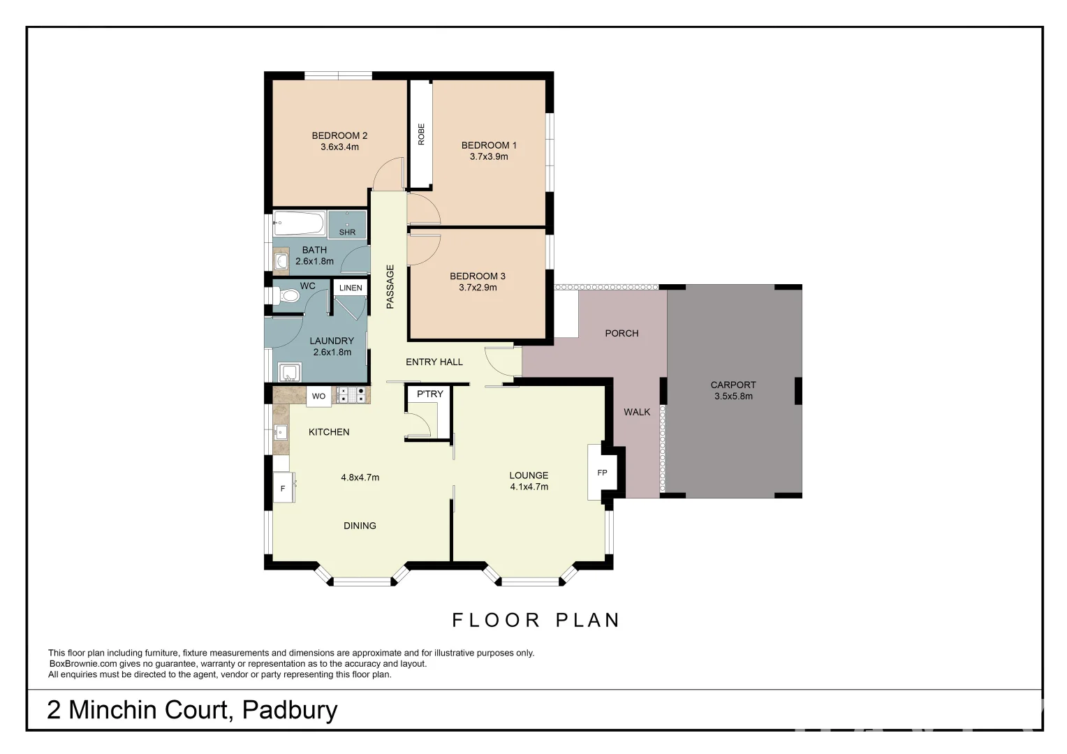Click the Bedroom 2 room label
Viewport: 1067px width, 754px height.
pyautogui.click(x=339, y=135)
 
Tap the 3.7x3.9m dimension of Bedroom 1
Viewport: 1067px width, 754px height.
pyautogui.click(x=489, y=157)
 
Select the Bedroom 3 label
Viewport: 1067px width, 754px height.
pyautogui.click(x=478, y=276)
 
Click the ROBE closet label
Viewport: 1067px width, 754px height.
pyautogui.click(x=421, y=134)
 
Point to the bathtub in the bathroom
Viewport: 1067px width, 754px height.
pyautogui.click(x=299, y=224)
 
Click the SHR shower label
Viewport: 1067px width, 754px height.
pyautogui.click(x=347, y=232)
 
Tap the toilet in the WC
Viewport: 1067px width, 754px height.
pyautogui.click(x=287, y=297)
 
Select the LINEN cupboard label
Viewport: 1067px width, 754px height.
pyautogui.click(x=351, y=288)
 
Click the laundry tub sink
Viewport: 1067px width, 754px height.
pyautogui.click(x=290, y=372)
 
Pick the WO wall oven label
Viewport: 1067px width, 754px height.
pyautogui.click(x=318, y=397)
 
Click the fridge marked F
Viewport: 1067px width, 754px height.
pyautogui.click(x=283, y=489)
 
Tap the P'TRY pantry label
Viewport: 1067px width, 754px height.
pyautogui.click(x=430, y=394)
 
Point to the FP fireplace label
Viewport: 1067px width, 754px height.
pyautogui.click(x=602, y=473)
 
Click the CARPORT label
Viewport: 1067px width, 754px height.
pyautogui.click(x=733, y=385)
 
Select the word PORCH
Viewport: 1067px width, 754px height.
pyautogui.click(x=621, y=333)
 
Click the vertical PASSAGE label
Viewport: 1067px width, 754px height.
pyautogui.click(x=390, y=286)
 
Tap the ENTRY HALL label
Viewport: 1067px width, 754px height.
pyautogui.click(x=434, y=362)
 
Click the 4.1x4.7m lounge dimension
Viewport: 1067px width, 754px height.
pyautogui.click(x=529, y=487)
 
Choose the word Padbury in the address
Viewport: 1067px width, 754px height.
pyautogui.click(x=289, y=710)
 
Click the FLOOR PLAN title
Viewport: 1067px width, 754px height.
pyautogui.click(x=536, y=620)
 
